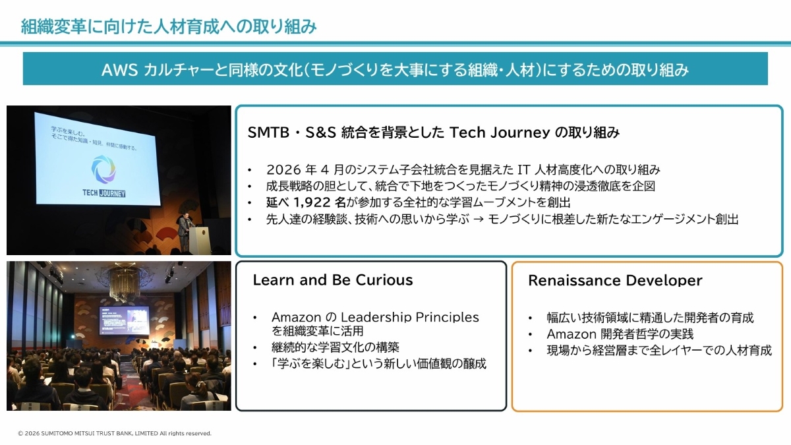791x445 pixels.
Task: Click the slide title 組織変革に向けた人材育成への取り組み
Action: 169,27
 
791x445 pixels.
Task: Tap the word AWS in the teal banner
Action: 119,70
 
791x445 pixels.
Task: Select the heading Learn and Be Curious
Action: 333,280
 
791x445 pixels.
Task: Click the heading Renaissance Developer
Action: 615,280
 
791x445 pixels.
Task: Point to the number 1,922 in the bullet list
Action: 312,202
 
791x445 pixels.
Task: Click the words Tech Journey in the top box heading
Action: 500,133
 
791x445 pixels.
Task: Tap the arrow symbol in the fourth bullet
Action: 478,220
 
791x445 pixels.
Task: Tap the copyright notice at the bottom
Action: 115,433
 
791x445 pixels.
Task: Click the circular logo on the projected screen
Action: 104,169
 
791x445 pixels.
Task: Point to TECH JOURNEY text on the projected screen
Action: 104,193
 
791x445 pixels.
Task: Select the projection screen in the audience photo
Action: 124,320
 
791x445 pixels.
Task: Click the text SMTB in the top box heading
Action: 268,133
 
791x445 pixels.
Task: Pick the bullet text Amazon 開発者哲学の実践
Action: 620,334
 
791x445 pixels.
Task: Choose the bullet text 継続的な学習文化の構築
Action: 335,347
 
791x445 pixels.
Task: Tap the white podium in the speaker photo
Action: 199,240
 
